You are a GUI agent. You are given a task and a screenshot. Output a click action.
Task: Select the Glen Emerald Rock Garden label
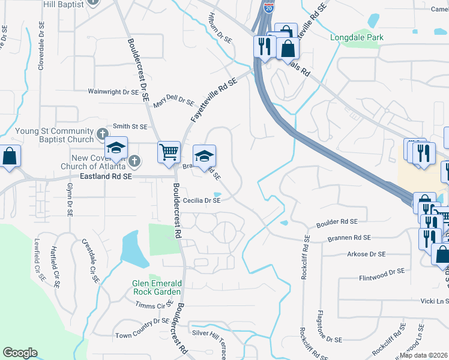(x=157, y=287)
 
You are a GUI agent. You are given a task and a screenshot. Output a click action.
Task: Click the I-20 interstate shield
(x=268, y=7)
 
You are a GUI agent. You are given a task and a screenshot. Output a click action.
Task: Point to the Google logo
(x=20, y=353)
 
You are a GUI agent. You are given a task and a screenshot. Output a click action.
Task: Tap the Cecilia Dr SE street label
(x=202, y=201)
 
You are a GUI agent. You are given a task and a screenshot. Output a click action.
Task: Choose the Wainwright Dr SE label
(x=113, y=92)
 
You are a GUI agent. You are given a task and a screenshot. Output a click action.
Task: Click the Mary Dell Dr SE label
(x=173, y=103)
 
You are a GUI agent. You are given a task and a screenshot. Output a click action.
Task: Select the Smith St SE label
(x=130, y=127)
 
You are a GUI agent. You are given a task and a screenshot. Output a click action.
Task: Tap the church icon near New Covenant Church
(x=135, y=161)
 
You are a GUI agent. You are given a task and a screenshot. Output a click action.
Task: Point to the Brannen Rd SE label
(x=349, y=238)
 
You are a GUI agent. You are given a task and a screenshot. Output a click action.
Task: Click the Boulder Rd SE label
(x=337, y=223)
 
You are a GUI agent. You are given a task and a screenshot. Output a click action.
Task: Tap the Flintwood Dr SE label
(x=382, y=272)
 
